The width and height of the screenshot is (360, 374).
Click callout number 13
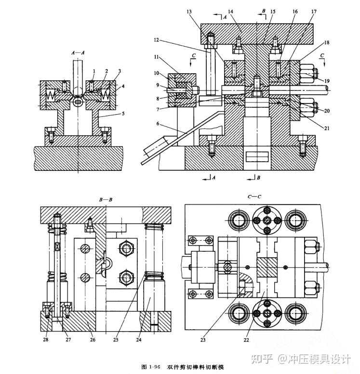[189, 12]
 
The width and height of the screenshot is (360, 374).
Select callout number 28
[46, 340]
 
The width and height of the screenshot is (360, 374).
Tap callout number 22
[246, 340]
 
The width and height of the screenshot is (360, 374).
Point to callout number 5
[123, 114]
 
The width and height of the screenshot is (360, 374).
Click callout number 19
[327, 81]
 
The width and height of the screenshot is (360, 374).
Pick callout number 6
[158, 123]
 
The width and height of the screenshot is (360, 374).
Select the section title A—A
[78, 52]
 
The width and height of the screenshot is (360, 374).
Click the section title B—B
[106, 199]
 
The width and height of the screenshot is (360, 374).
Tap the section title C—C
[254, 196]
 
